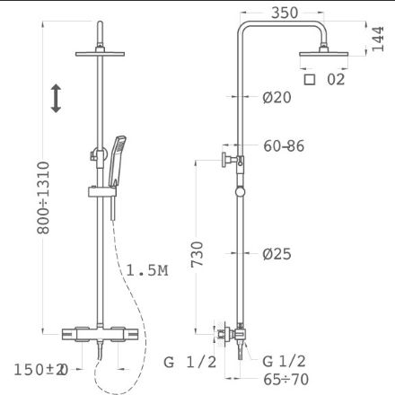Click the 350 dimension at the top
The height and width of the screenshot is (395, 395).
[x=285, y=13]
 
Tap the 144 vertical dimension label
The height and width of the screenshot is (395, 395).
[x=378, y=39]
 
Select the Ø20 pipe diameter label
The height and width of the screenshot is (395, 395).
[x=276, y=98]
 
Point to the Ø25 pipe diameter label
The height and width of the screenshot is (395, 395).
[x=276, y=254]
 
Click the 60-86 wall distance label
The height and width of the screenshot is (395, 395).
[x=284, y=146]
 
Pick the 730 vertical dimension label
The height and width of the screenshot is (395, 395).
[x=197, y=254]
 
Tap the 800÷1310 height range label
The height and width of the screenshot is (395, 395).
[x=43, y=197]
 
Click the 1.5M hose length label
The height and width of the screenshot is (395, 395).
[x=147, y=270]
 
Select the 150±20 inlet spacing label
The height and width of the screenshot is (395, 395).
[x=41, y=370]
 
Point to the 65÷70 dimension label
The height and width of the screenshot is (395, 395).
[x=286, y=380]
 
